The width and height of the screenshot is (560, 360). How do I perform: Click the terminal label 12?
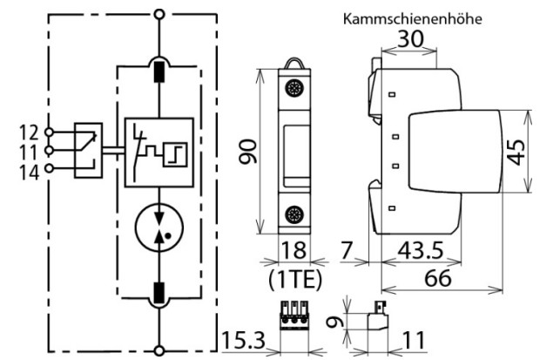pyautogui.click(x=28, y=132)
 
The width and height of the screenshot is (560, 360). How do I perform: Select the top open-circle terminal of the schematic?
pyautogui.click(x=159, y=15)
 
